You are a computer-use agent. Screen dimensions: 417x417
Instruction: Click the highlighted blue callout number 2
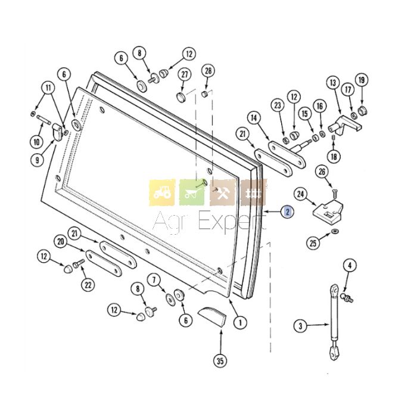coord(288,211)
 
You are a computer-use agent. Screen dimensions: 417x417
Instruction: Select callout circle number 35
coord(220,361)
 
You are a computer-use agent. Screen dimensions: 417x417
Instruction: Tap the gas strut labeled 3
coord(334,322)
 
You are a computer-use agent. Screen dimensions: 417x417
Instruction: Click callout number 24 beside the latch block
coord(300,194)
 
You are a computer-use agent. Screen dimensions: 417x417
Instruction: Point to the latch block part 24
coord(328,210)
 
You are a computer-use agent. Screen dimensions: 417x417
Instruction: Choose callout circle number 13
coord(333,83)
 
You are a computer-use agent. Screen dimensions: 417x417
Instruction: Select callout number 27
coord(185,74)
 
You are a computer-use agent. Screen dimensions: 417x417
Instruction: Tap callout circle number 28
coord(208,71)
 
